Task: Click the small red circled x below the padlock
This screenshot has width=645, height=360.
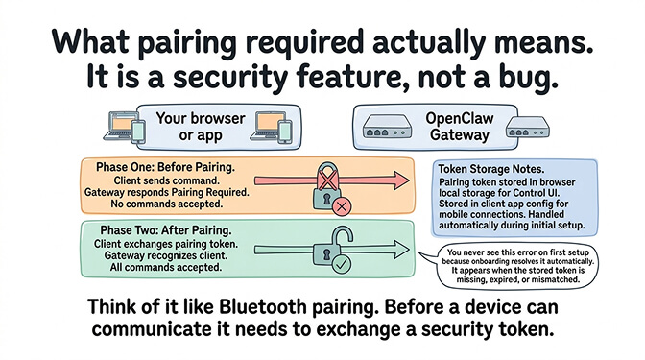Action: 341,204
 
